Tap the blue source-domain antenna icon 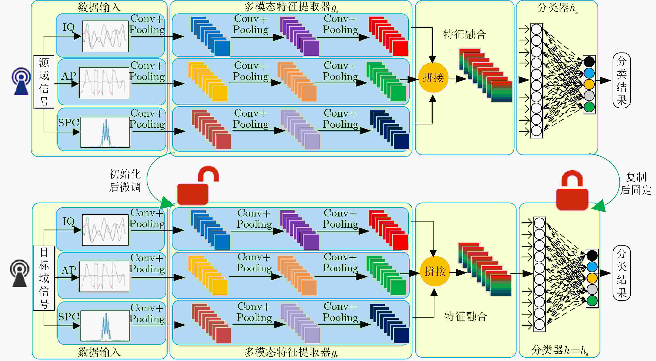click(x=21, y=81)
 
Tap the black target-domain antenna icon click(x=20, y=273)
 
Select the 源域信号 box click(x=44, y=82)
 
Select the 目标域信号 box click(x=44, y=278)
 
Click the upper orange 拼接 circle click(x=433, y=77)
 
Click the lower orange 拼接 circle click(x=435, y=271)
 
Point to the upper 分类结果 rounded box click(x=621, y=80)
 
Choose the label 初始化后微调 click(x=125, y=180)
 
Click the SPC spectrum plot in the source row click(x=105, y=132)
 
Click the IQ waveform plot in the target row click(x=105, y=230)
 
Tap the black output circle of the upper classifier click(x=589, y=62)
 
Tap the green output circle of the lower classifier click(x=592, y=301)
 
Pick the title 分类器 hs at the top click(x=557, y=8)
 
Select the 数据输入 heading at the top click(x=99, y=7)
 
